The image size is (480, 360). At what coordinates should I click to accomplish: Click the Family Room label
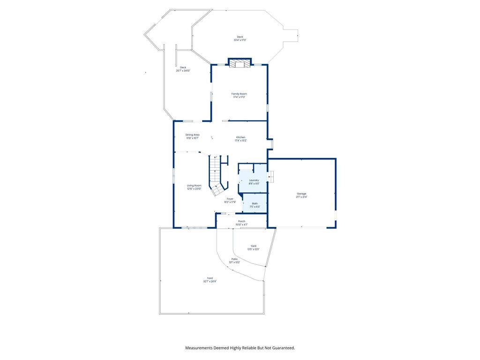click(x=239, y=94)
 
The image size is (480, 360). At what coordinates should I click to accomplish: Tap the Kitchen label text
click(x=240, y=137)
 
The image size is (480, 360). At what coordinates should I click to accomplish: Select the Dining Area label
click(x=192, y=135)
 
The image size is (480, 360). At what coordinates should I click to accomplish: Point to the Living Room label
click(x=194, y=186)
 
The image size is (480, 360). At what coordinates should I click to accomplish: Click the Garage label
click(x=301, y=194)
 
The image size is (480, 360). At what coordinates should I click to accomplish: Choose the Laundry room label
click(x=254, y=180)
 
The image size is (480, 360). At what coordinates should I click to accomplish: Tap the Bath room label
click(x=255, y=203)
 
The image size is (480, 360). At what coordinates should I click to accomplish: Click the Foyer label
click(x=230, y=199)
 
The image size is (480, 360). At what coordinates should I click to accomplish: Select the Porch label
click(x=241, y=221)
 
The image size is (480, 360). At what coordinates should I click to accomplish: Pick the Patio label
click(x=234, y=259)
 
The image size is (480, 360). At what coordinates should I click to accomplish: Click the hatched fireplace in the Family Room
click(x=240, y=63)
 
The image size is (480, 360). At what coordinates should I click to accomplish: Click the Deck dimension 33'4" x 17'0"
click(x=240, y=40)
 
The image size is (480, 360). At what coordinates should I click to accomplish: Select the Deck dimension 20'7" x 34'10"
click(x=183, y=71)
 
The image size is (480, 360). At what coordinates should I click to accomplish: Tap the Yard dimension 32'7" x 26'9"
click(x=210, y=281)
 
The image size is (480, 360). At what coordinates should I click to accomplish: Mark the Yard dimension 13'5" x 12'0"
click(x=253, y=249)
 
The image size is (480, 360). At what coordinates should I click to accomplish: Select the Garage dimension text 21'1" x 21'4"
click(x=301, y=197)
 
